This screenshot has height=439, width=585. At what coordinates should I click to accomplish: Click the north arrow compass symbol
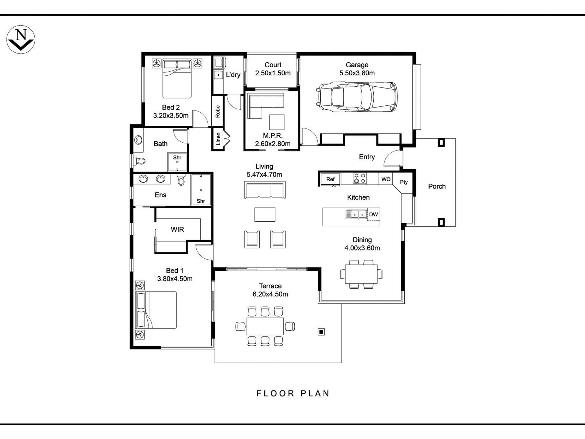(21, 40)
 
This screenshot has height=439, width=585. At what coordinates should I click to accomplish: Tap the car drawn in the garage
(357, 97)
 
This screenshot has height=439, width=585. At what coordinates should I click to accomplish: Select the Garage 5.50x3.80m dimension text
(357, 73)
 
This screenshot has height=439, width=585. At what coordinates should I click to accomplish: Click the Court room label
(273, 65)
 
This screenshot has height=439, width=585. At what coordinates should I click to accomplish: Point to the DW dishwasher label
(373, 214)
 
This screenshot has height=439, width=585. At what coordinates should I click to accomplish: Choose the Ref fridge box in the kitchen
(330, 179)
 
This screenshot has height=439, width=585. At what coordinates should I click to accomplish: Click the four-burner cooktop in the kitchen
(359, 179)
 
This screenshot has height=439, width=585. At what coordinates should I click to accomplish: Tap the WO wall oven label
(386, 179)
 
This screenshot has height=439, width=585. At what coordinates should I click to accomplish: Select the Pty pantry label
(404, 182)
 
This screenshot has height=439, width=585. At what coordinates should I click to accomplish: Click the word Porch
(437, 186)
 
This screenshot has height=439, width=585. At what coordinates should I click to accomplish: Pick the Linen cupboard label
(218, 139)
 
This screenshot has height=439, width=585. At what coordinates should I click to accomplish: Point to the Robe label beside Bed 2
(218, 111)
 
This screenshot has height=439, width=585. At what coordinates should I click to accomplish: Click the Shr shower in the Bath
(177, 162)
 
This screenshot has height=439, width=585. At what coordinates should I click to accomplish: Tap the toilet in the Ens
(181, 180)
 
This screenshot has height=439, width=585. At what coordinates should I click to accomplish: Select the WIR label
(177, 229)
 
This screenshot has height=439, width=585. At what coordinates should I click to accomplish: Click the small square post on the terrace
(321, 332)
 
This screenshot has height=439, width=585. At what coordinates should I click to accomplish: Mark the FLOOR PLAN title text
(293, 394)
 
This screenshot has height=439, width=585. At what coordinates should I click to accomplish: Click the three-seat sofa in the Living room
(265, 190)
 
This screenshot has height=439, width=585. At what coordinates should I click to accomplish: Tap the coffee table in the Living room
(265, 214)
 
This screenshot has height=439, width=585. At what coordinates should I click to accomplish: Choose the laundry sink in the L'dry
(218, 75)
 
